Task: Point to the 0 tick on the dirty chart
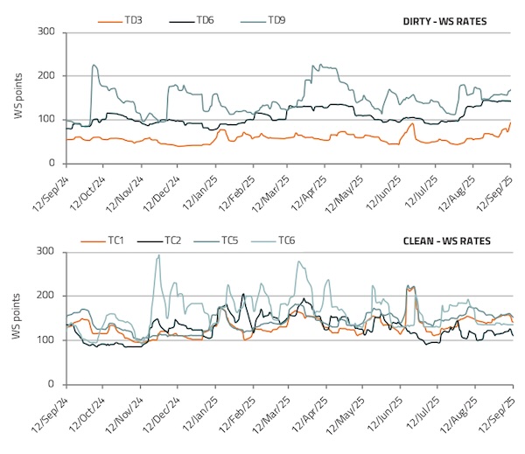(x=53, y=164)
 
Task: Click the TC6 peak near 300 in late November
(x=158, y=255)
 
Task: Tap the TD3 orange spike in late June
(x=412, y=124)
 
